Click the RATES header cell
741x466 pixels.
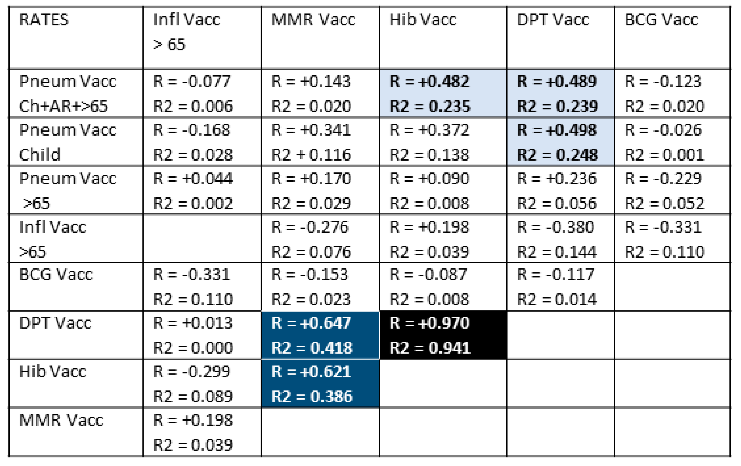44,20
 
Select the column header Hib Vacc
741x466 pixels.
423,20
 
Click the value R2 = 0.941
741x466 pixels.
430,348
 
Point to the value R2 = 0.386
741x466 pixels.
311,396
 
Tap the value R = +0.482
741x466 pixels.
430,82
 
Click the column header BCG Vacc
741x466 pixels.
661,20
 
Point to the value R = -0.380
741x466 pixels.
555,227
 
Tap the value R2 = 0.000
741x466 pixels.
193,348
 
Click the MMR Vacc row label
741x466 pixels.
61,420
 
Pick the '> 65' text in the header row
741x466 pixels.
169,45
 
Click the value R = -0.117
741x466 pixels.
555,275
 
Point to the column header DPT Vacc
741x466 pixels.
553,20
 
